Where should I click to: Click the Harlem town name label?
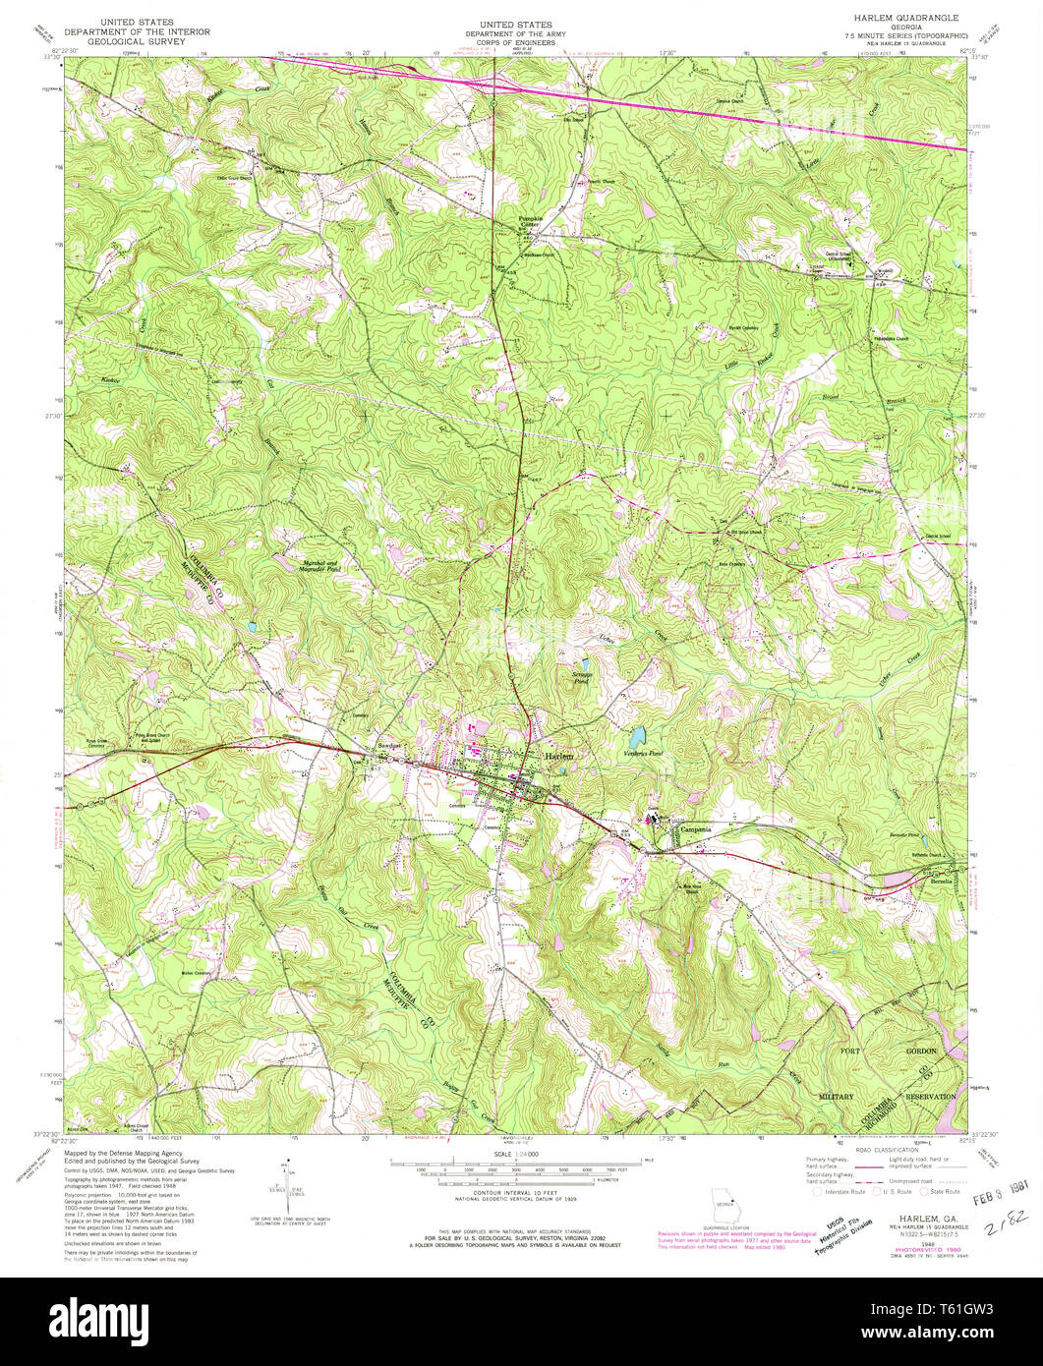558,756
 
